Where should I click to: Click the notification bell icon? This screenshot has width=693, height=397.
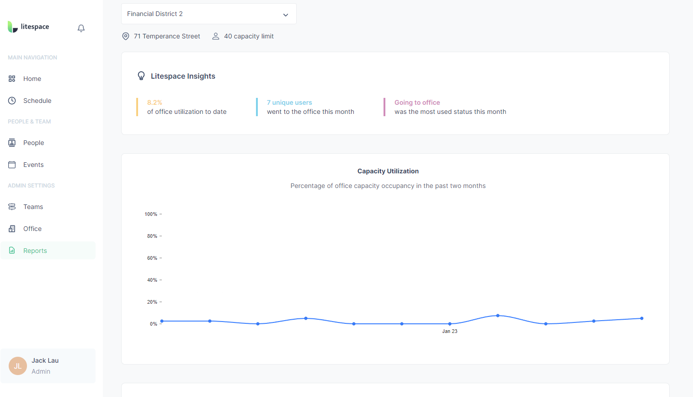point(81,28)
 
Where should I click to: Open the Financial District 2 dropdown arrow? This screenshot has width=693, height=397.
point(286,15)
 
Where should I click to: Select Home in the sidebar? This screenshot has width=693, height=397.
point(32,79)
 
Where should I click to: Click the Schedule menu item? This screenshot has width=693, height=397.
point(37,101)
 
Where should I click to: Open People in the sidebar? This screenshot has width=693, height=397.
point(33,143)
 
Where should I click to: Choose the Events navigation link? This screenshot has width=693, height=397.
point(33,165)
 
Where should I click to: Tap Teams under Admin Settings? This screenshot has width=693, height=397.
point(33,207)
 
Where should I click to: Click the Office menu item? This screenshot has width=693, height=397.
point(32,229)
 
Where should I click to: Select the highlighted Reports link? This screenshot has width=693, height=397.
point(35,251)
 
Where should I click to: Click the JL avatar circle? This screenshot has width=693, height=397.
point(18,366)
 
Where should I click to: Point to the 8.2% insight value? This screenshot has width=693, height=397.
point(155,102)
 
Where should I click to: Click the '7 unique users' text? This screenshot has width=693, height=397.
point(289,102)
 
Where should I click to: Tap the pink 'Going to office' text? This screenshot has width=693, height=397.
point(417,102)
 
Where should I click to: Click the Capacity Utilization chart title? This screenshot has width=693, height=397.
point(388,171)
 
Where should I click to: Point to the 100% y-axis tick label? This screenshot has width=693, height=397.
point(151,214)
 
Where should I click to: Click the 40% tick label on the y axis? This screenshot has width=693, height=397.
point(152,280)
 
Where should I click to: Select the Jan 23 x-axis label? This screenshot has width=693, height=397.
point(449,331)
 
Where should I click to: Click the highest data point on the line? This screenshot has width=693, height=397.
point(498,316)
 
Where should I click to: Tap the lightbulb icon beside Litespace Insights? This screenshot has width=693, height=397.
point(141,76)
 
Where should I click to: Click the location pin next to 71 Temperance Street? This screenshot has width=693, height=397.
point(126,36)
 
